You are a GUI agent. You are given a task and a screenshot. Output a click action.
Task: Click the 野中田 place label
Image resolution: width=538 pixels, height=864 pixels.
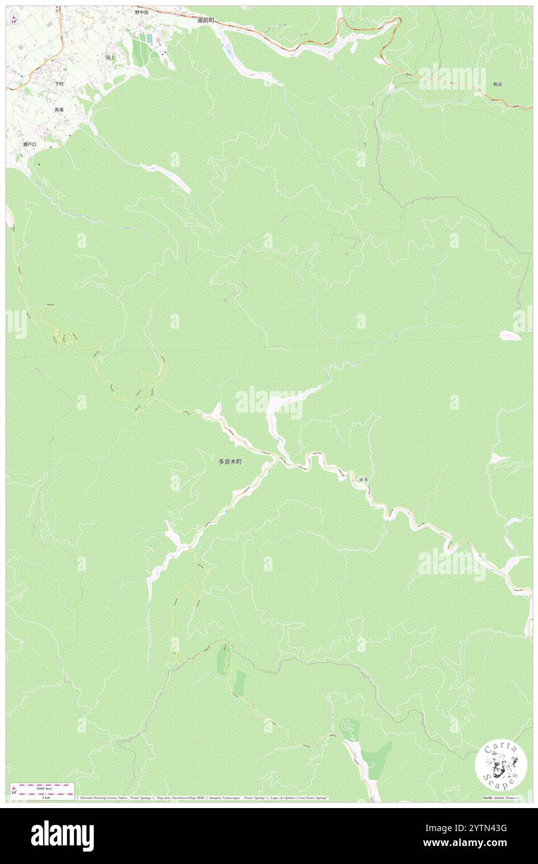pyautogui.click(x=142, y=12)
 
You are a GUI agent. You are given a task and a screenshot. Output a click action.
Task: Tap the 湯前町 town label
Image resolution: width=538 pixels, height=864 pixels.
pyautogui.click(x=205, y=20)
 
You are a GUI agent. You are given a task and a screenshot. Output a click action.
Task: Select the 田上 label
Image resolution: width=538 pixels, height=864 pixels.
pyautogui.click(x=110, y=57)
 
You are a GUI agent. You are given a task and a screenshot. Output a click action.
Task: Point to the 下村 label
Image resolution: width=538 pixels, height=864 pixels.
pyautogui.click(x=59, y=84)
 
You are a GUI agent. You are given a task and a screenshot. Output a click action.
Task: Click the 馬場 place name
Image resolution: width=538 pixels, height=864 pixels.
pyautogui.click(x=58, y=109)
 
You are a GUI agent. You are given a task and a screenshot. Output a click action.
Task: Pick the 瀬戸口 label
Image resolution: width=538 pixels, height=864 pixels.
pyautogui.click(x=29, y=144)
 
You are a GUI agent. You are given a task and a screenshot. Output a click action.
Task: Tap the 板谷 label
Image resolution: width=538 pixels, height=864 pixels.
pyautogui.click(x=497, y=84)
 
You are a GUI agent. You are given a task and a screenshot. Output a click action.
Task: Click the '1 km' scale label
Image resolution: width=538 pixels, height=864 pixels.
pyautogui.click(x=45, y=797)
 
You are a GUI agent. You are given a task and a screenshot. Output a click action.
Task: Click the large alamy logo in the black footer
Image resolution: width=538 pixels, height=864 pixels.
pyautogui.click(x=62, y=835)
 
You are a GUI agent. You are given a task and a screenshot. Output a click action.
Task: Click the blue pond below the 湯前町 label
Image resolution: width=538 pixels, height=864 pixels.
pyautogui.click(x=228, y=51)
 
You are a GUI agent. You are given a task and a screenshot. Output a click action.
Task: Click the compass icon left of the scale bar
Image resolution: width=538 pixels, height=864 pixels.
pyautogui.click(x=14, y=789)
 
